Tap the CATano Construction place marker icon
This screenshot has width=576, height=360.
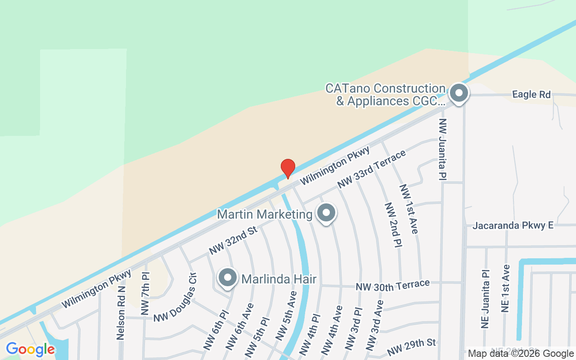[459, 94]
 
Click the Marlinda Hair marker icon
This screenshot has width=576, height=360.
[228, 278]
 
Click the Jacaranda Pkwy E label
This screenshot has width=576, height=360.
[513, 225]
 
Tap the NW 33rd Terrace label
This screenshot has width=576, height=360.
[372, 169]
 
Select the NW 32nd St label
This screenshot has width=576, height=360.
[233, 240]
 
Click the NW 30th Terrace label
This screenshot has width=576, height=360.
[392, 285]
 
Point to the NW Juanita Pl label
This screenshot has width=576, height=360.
[443, 148]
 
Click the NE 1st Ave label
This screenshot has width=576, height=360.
[505, 288]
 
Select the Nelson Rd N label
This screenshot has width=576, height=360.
[120, 313]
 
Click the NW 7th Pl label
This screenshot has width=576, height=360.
[144, 293]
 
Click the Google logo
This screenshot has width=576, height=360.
[30, 349]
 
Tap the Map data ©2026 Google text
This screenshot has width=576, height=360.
[521, 354]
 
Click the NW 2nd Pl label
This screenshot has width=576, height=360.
[393, 224]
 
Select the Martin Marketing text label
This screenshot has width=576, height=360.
[265, 214]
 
